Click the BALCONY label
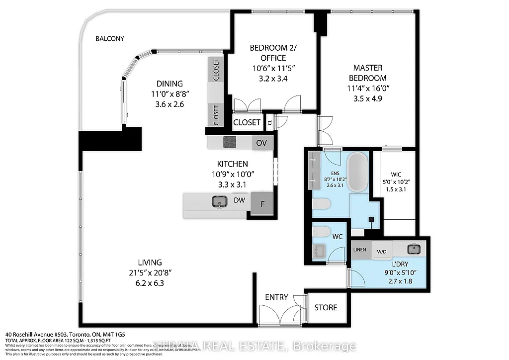point(110,38)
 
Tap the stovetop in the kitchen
point(231,142)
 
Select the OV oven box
point(261,143)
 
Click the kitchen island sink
point(219,201)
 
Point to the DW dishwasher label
point(239,200)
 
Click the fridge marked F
point(261,204)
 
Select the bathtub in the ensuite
point(358,172)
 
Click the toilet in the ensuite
point(322,204)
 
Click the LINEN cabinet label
point(359,250)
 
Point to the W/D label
point(382,252)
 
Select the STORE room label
point(326,308)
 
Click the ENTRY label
point(276,297)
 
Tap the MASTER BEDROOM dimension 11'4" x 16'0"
point(369,89)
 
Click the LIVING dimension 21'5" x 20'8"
point(150,273)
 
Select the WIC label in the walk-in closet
point(396,174)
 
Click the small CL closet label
point(269,121)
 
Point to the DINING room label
point(169,84)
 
